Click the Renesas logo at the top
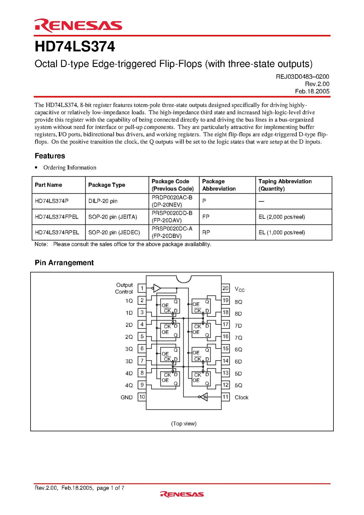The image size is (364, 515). [x=78, y=26]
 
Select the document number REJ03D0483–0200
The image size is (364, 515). [x=302, y=77]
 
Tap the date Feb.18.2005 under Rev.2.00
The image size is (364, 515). [x=312, y=91]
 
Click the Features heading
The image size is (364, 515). [x=50, y=156]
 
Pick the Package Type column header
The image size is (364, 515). [x=107, y=185]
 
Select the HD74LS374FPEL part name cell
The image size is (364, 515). [x=57, y=217]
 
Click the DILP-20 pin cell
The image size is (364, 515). [x=103, y=201]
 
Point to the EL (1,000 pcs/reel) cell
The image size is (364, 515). [x=281, y=232]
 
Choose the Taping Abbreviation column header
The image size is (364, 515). [x=285, y=185]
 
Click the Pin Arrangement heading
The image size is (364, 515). [x=64, y=263]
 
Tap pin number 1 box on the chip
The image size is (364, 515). [x=142, y=288]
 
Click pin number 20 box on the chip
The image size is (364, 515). [x=225, y=288]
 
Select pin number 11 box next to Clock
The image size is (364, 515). [x=225, y=397]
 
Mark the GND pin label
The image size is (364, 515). [x=127, y=397]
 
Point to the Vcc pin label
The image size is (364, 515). [x=239, y=289]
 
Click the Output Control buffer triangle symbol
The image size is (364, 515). [x=157, y=288]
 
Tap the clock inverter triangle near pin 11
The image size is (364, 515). [x=204, y=397]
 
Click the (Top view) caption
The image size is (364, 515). [x=184, y=423]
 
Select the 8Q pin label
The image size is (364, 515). [x=238, y=302]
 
